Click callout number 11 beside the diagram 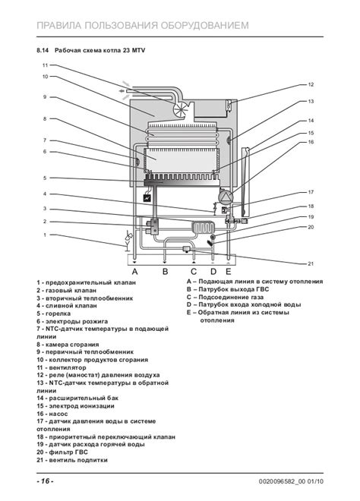(45, 65)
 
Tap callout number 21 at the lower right (311, 263)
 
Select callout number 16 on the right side (311, 142)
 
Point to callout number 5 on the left (45, 178)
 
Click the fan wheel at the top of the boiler (182, 109)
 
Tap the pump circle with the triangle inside (226, 196)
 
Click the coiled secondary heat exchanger (204, 228)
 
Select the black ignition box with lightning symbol (147, 198)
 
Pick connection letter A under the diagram (135, 272)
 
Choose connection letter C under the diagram (194, 272)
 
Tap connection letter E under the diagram (228, 272)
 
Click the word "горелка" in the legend (58, 314)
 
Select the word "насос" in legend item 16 (58, 414)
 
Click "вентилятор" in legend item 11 (68, 367)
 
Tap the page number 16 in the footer (45, 481)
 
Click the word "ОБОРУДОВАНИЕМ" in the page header (204, 25)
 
